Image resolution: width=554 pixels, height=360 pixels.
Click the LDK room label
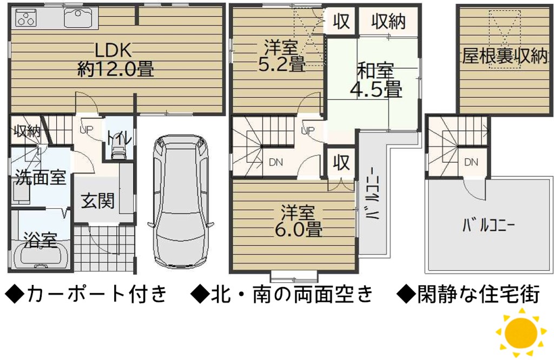(x=113, y=50)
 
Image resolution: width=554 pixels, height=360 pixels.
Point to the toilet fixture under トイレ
(x=117, y=153)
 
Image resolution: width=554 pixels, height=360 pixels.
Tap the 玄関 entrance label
(x=98, y=201)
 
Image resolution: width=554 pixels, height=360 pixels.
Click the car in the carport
(x=181, y=202)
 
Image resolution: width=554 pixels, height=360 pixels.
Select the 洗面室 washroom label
(x=40, y=177)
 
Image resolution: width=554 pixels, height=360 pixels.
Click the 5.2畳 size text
(x=281, y=64)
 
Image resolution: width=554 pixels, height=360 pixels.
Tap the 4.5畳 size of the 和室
(x=376, y=89)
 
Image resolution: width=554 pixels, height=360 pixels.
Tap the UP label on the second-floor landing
(x=307, y=130)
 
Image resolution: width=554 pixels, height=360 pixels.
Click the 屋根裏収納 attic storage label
(x=505, y=56)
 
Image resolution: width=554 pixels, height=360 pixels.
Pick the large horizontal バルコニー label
(x=489, y=226)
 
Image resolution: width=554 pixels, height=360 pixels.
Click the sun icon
(x=522, y=332)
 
